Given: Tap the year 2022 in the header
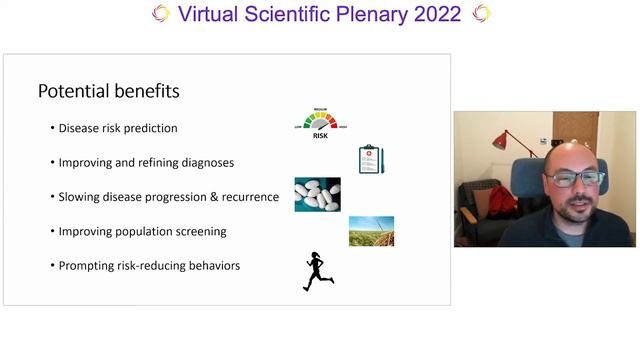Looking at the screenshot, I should pyautogui.click(x=436, y=14).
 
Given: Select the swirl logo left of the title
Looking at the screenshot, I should pyautogui.click(x=160, y=13).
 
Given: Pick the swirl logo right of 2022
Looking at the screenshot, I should pyautogui.click(x=481, y=13).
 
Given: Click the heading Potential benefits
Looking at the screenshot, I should pyautogui.click(x=108, y=91).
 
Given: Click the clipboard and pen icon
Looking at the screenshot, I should pyautogui.click(x=371, y=159).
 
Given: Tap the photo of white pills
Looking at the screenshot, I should pyautogui.click(x=317, y=194).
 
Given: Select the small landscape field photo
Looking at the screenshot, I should pyautogui.click(x=371, y=231).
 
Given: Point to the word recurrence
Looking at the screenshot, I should pyautogui.click(x=247, y=196).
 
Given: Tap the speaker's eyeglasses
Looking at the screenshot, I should pyautogui.click(x=573, y=178).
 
